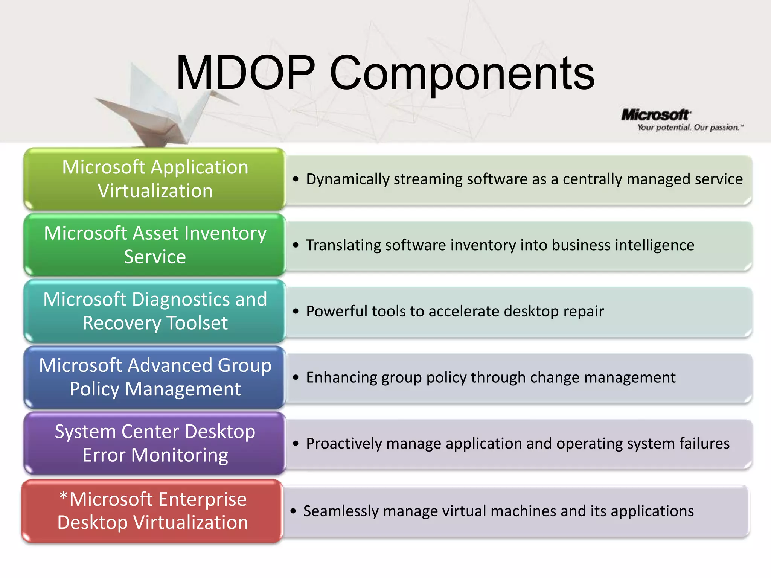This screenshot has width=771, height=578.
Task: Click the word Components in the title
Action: [x=462, y=73]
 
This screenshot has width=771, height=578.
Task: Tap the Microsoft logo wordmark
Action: [x=655, y=115]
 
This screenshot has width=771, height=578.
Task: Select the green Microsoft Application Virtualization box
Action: [x=155, y=179]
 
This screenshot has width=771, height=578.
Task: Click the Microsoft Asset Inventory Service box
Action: [x=155, y=245]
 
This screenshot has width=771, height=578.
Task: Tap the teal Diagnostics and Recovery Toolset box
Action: [x=155, y=311]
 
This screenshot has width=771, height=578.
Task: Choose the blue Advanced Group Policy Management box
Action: [x=155, y=377]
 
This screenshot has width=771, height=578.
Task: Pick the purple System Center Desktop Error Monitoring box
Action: [x=155, y=443]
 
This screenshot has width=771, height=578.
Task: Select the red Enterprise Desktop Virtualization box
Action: [x=152, y=511]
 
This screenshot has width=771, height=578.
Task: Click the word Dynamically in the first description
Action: [x=347, y=179]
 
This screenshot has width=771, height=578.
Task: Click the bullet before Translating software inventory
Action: [x=296, y=245]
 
